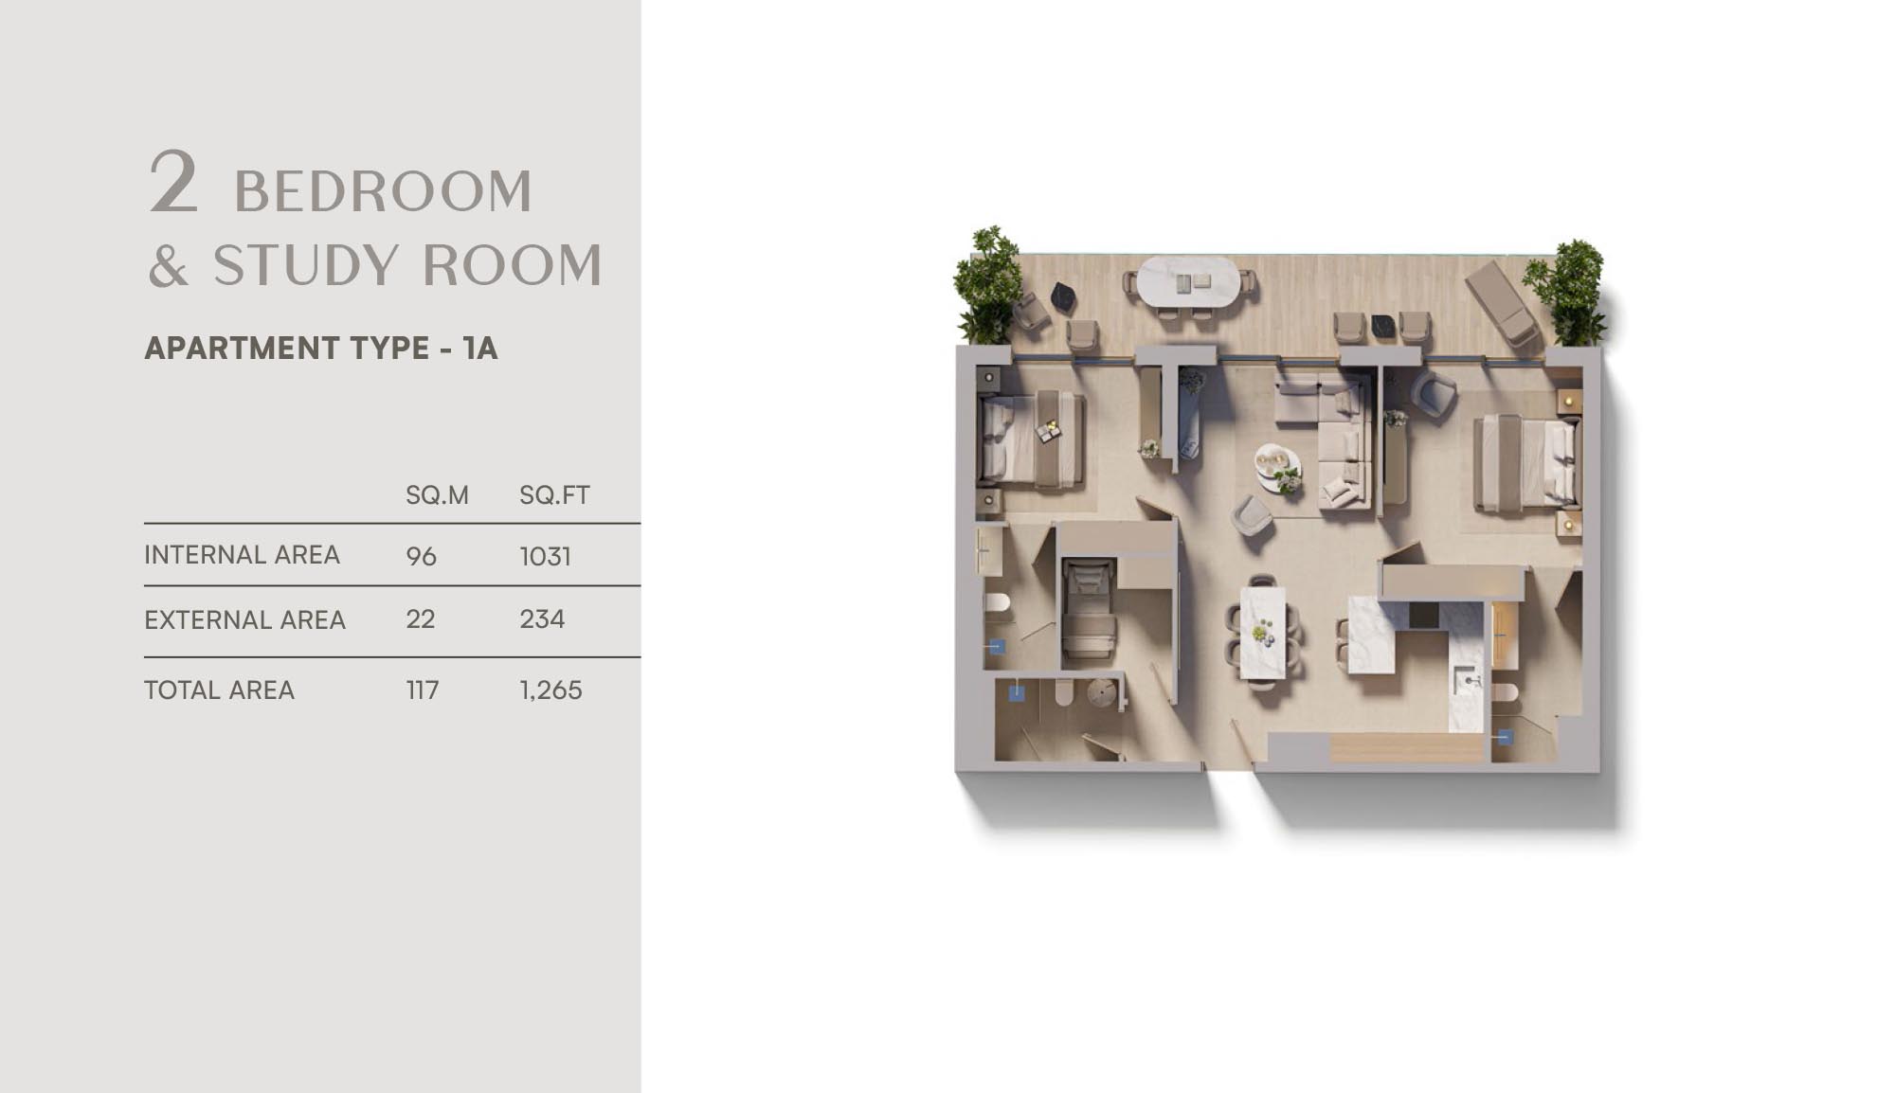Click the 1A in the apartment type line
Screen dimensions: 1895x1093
click(480, 349)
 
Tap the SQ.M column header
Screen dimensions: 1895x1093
click(437, 495)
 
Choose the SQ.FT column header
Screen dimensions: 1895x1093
click(554, 495)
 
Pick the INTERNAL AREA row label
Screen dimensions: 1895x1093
click(242, 555)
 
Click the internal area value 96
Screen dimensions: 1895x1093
click(421, 556)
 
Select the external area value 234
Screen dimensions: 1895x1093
click(542, 619)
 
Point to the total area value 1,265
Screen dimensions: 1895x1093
click(550, 690)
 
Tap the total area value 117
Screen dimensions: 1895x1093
click(423, 690)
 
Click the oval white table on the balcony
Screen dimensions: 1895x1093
click(1186, 282)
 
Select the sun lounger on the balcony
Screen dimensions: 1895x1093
click(1501, 302)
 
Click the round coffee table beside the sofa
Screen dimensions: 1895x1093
click(1278, 468)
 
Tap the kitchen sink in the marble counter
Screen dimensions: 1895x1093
click(1467, 679)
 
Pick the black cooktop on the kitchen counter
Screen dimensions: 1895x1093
click(1423, 616)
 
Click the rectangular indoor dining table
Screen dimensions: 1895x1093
click(1263, 632)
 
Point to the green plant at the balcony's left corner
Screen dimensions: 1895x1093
click(988, 285)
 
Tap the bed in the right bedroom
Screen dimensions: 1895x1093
click(1526, 463)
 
